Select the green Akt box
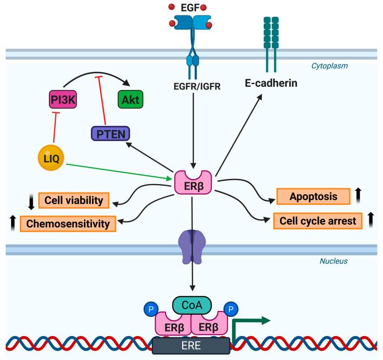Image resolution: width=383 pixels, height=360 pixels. [132, 98]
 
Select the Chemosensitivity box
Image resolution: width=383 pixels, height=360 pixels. [68, 224]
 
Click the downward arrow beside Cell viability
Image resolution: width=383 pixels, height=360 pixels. [31, 201]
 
